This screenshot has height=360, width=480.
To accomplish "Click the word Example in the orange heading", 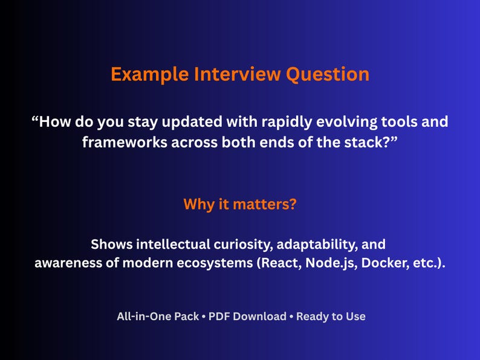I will coord(149,74).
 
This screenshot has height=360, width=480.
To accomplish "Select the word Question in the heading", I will coord(327,74).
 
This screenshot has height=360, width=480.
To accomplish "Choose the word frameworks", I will coord(125,142).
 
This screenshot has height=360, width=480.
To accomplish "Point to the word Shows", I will coord(111,245).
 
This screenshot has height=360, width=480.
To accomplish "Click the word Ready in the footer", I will coord(313,316).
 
